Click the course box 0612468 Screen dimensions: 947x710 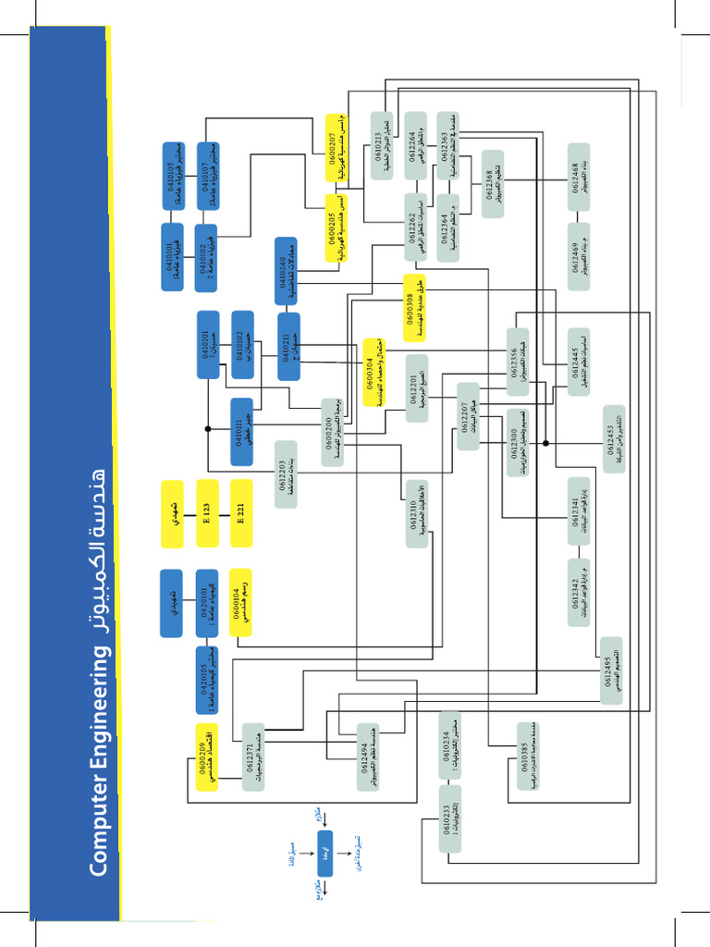(x=579, y=171)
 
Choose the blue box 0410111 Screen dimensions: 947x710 (x=241, y=431)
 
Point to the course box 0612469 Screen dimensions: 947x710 (x=579, y=257)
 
